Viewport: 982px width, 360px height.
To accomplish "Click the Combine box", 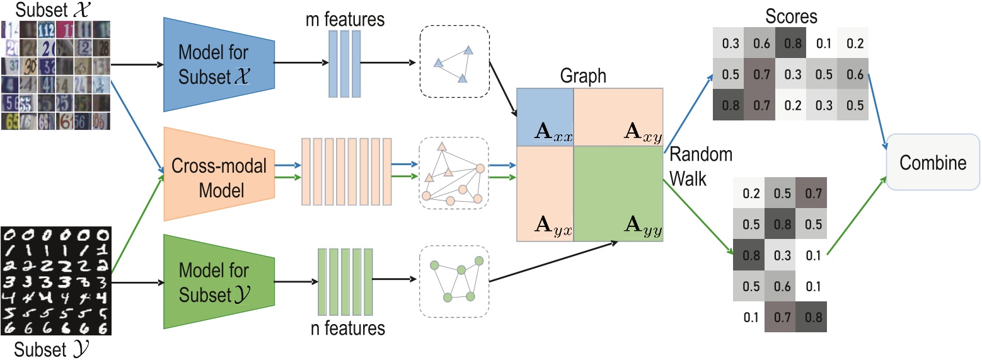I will [932, 163].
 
